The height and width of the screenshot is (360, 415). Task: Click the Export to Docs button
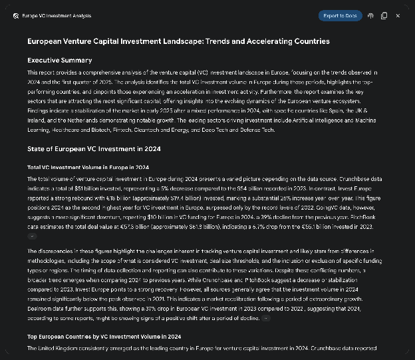[340, 15]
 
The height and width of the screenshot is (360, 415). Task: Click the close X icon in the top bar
[398, 15]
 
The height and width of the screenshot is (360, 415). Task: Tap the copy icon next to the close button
[384, 15]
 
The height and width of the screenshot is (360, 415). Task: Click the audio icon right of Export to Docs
[370, 15]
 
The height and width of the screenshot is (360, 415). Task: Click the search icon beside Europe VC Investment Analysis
[15, 15]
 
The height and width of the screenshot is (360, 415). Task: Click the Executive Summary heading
[59, 61]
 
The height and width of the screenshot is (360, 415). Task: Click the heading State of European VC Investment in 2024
[94, 149]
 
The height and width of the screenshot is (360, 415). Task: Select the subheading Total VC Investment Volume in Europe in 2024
[88, 167]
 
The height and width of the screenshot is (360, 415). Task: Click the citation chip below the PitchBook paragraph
[33, 236]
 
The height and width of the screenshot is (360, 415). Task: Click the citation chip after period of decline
[266, 318]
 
